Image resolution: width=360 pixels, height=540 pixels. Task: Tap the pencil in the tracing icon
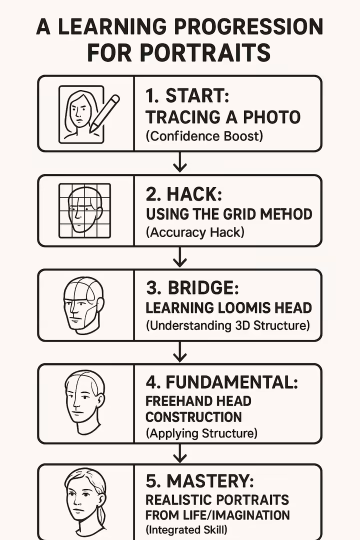coord(105,112)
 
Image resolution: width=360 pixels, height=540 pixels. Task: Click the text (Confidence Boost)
coord(204,135)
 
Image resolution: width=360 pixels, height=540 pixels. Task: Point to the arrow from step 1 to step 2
coord(179,162)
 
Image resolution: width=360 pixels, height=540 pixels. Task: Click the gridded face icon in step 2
coord(84,210)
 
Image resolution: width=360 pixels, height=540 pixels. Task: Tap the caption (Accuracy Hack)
coord(195,232)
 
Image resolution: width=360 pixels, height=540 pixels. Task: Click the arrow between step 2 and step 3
coord(179,257)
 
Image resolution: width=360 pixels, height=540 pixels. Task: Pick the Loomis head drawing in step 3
coord(83,305)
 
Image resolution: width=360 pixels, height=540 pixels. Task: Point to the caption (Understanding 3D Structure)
coord(227,325)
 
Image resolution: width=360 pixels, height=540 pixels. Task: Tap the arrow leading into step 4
coord(179,352)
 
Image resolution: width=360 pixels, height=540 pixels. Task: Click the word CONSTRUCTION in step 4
coord(193,416)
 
